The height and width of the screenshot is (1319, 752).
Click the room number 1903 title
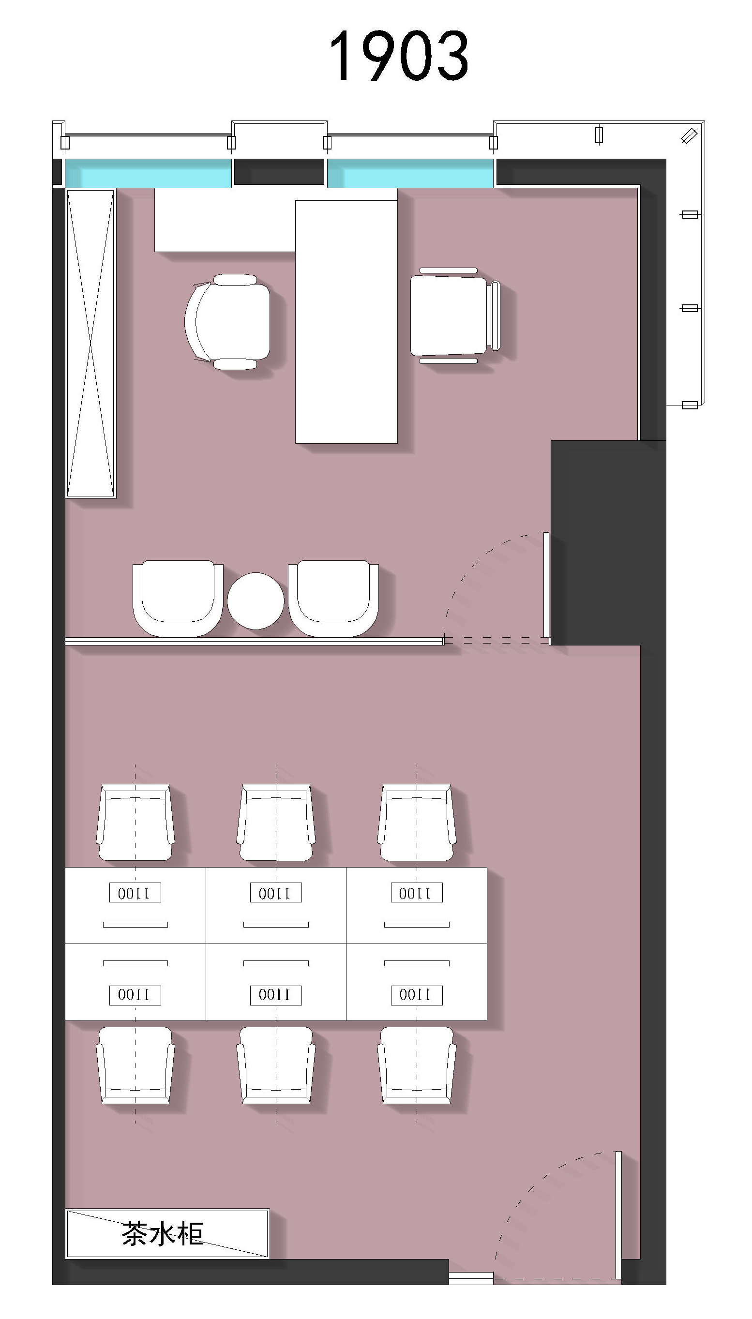(399, 55)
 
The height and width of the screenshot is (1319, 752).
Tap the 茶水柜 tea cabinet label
(162, 1234)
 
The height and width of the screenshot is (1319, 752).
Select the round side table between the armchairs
(256, 600)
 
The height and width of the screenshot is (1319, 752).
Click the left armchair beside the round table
(178, 598)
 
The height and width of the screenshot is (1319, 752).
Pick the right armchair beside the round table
(333, 598)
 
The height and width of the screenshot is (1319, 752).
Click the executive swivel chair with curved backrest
(228, 321)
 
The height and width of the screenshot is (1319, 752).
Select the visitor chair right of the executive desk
(455, 315)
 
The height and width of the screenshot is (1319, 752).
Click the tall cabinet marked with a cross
(90, 344)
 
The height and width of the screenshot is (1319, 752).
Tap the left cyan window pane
(148, 172)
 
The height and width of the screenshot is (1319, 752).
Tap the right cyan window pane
(410, 172)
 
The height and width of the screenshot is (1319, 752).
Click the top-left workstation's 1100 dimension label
(135, 893)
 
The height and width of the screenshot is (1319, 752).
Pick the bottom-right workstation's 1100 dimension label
(416, 995)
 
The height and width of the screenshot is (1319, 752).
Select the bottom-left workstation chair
(135, 1065)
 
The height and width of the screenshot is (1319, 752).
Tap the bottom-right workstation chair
(417, 1065)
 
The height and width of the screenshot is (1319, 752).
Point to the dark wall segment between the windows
(279, 172)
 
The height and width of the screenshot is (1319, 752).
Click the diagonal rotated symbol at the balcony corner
(689, 135)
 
